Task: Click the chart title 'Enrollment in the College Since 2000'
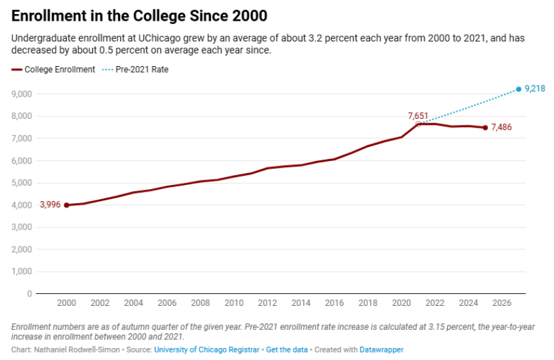pos(140,16)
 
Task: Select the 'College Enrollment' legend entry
pos(53,69)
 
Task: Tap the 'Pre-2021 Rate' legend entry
pos(135,69)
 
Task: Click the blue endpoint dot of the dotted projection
pos(519,89)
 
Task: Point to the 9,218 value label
pos(535,88)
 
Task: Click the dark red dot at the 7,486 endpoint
pos(485,128)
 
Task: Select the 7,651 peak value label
pos(418,116)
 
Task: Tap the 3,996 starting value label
pos(50,205)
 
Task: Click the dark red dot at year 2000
pos(67,205)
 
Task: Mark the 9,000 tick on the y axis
pos(22,94)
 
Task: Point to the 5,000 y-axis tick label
pos(22,183)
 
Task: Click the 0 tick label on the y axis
pos(29,293)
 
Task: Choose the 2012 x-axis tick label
pos(268,303)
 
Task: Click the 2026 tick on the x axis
pos(502,303)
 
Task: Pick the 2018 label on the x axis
pos(368,303)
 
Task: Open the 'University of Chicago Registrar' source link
pos(207,350)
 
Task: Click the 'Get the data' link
pos(287,350)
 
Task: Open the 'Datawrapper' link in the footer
pos(382,350)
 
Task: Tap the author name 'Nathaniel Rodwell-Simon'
pos(77,350)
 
